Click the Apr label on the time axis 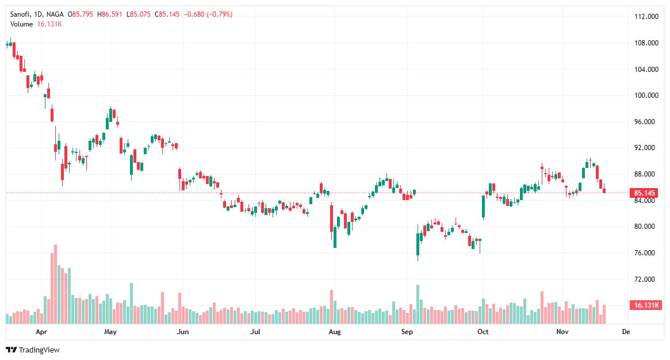click(x=41, y=332)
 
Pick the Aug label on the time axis click(x=334, y=332)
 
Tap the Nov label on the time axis click(x=562, y=332)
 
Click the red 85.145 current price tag click(x=646, y=193)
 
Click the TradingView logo click(x=33, y=350)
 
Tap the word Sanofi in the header click(x=21, y=14)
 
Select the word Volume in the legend click(x=22, y=24)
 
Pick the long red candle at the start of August click(x=332, y=218)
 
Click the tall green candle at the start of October click(x=484, y=207)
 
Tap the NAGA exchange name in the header click(x=55, y=14)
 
